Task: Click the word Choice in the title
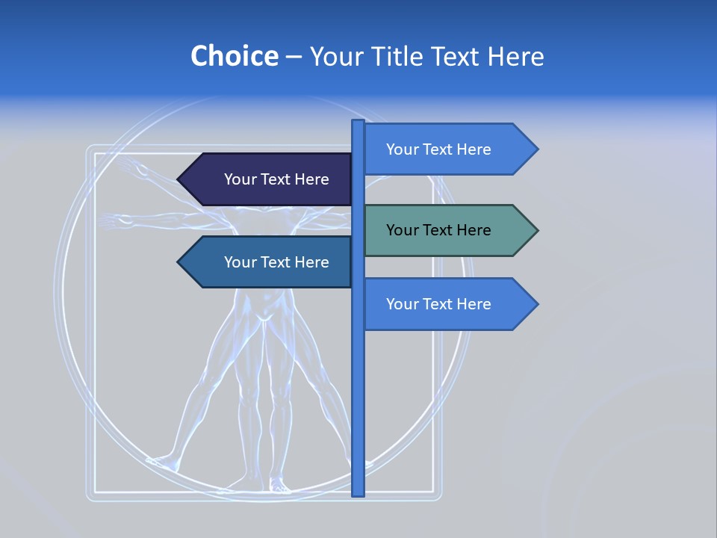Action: [234, 56]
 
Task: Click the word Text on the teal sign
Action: [438, 230]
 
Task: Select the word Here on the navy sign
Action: [311, 179]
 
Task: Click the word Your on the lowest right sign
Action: [401, 304]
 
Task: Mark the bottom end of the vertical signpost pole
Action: [358, 492]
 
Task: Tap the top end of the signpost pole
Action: [358, 123]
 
